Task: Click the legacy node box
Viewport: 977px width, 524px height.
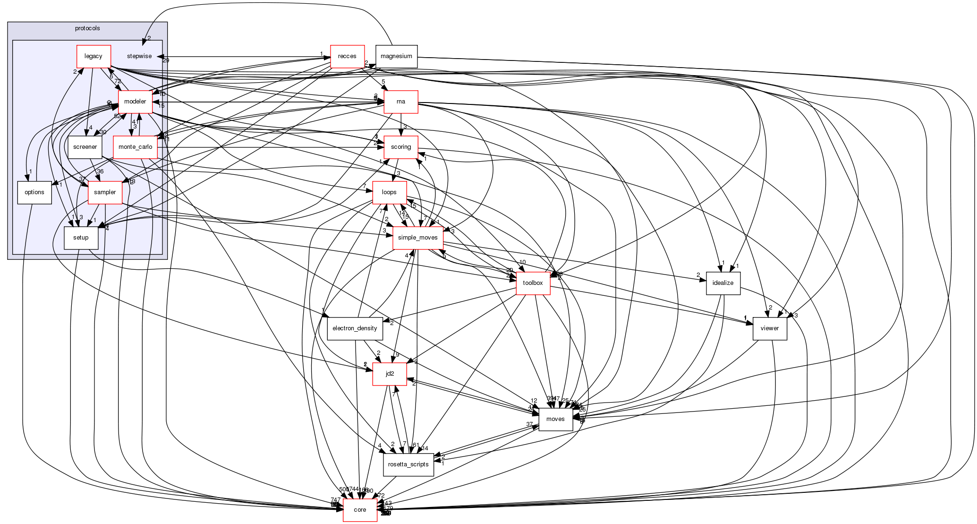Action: (x=93, y=56)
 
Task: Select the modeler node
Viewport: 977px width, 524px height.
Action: (x=135, y=102)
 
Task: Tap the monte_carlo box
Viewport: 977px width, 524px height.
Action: (x=135, y=147)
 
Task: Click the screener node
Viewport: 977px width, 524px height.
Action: (x=85, y=147)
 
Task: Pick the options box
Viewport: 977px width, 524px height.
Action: (x=34, y=192)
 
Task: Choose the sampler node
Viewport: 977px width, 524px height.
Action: (x=105, y=192)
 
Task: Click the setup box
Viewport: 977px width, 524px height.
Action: (x=81, y=238)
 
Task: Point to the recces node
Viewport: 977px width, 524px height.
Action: (x=347, y=56)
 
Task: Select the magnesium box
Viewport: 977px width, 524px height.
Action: (x=396, y=56)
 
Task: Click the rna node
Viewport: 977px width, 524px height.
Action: (x=401, y=102)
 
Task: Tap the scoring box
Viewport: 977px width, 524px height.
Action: (x=401, y=147)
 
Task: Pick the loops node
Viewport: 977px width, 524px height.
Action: (x=390, y=192)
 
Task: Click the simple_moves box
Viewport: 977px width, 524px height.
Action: (x=418, y=238)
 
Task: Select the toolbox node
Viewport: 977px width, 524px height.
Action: (x=533, y=283)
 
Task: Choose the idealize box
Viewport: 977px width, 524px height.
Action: (x=723, y=283)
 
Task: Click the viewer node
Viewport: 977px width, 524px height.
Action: (x=770, y=328)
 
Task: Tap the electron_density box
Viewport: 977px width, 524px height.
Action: (x=355, y=328)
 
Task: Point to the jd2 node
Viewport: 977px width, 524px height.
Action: (x=390, y=374)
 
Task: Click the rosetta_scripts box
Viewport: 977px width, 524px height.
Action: (x=408, y=464)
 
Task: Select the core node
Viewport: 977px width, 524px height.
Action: (x=360, y=510)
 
